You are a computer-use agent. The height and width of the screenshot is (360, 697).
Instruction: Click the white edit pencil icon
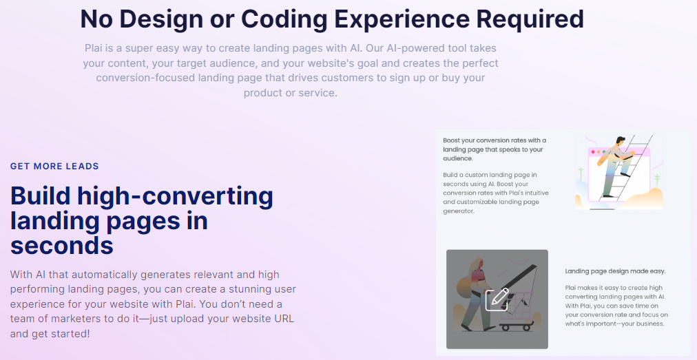[497, 299]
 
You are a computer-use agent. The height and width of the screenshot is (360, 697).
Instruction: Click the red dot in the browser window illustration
[593, 152]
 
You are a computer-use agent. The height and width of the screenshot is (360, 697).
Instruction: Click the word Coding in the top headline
[284, 19]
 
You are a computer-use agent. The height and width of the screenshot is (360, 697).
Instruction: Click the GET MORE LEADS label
[54, 166]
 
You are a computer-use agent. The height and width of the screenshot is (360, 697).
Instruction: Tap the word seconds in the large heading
[62, 245]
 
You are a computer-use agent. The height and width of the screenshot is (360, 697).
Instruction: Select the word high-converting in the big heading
[175, 197]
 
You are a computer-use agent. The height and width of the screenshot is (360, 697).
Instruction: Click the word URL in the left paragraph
[282, 319]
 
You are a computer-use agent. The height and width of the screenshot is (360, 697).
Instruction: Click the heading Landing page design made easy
[615, 271]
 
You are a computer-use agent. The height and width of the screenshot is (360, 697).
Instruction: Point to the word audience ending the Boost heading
[457, 158]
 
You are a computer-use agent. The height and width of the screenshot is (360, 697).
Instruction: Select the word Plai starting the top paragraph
[93, 48]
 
